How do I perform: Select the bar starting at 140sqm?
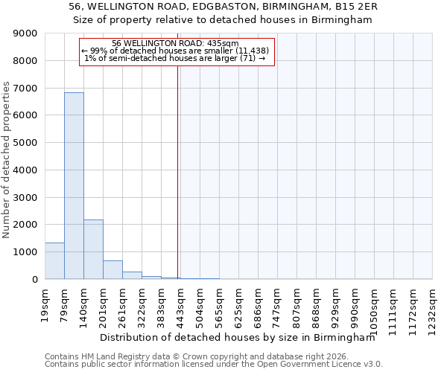click(x=93, y=249)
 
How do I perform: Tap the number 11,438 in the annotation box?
click(x=244, y=51)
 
